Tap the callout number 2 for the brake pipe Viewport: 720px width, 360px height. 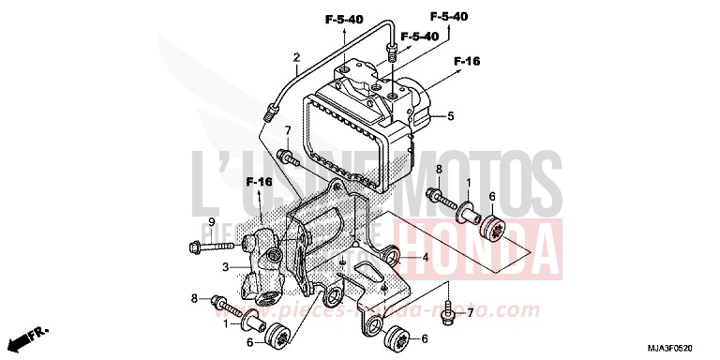pos(296,57)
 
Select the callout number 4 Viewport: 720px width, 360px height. pos(425,257)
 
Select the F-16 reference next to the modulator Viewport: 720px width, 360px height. pos(467,61)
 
